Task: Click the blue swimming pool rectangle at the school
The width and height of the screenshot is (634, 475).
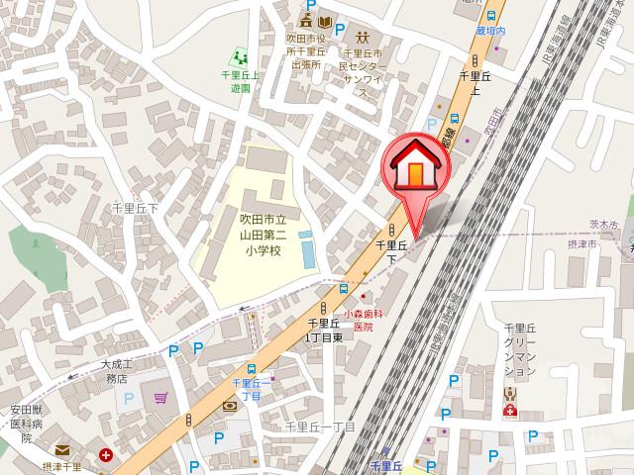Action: [x=306, y=247]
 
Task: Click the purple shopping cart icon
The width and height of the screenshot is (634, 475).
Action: [x=161, y=398]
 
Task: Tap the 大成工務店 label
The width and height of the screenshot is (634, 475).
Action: [x=117, y=371]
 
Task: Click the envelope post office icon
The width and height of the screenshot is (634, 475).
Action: [x=63, y=450]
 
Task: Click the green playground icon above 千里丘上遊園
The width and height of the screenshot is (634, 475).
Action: [x=237, y=55]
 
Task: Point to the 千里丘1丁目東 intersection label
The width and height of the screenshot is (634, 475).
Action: [x=324, y=330]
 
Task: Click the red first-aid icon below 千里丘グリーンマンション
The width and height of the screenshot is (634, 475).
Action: [x=510, y=410]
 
